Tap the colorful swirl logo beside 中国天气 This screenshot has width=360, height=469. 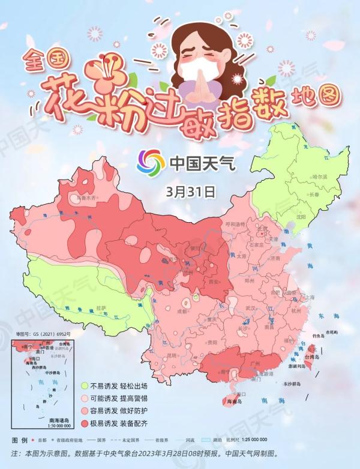[151, 162]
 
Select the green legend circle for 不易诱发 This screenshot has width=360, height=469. [86, 385]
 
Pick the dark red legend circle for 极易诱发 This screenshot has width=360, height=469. [86, 424]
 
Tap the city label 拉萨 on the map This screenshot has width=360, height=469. [101, 308]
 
